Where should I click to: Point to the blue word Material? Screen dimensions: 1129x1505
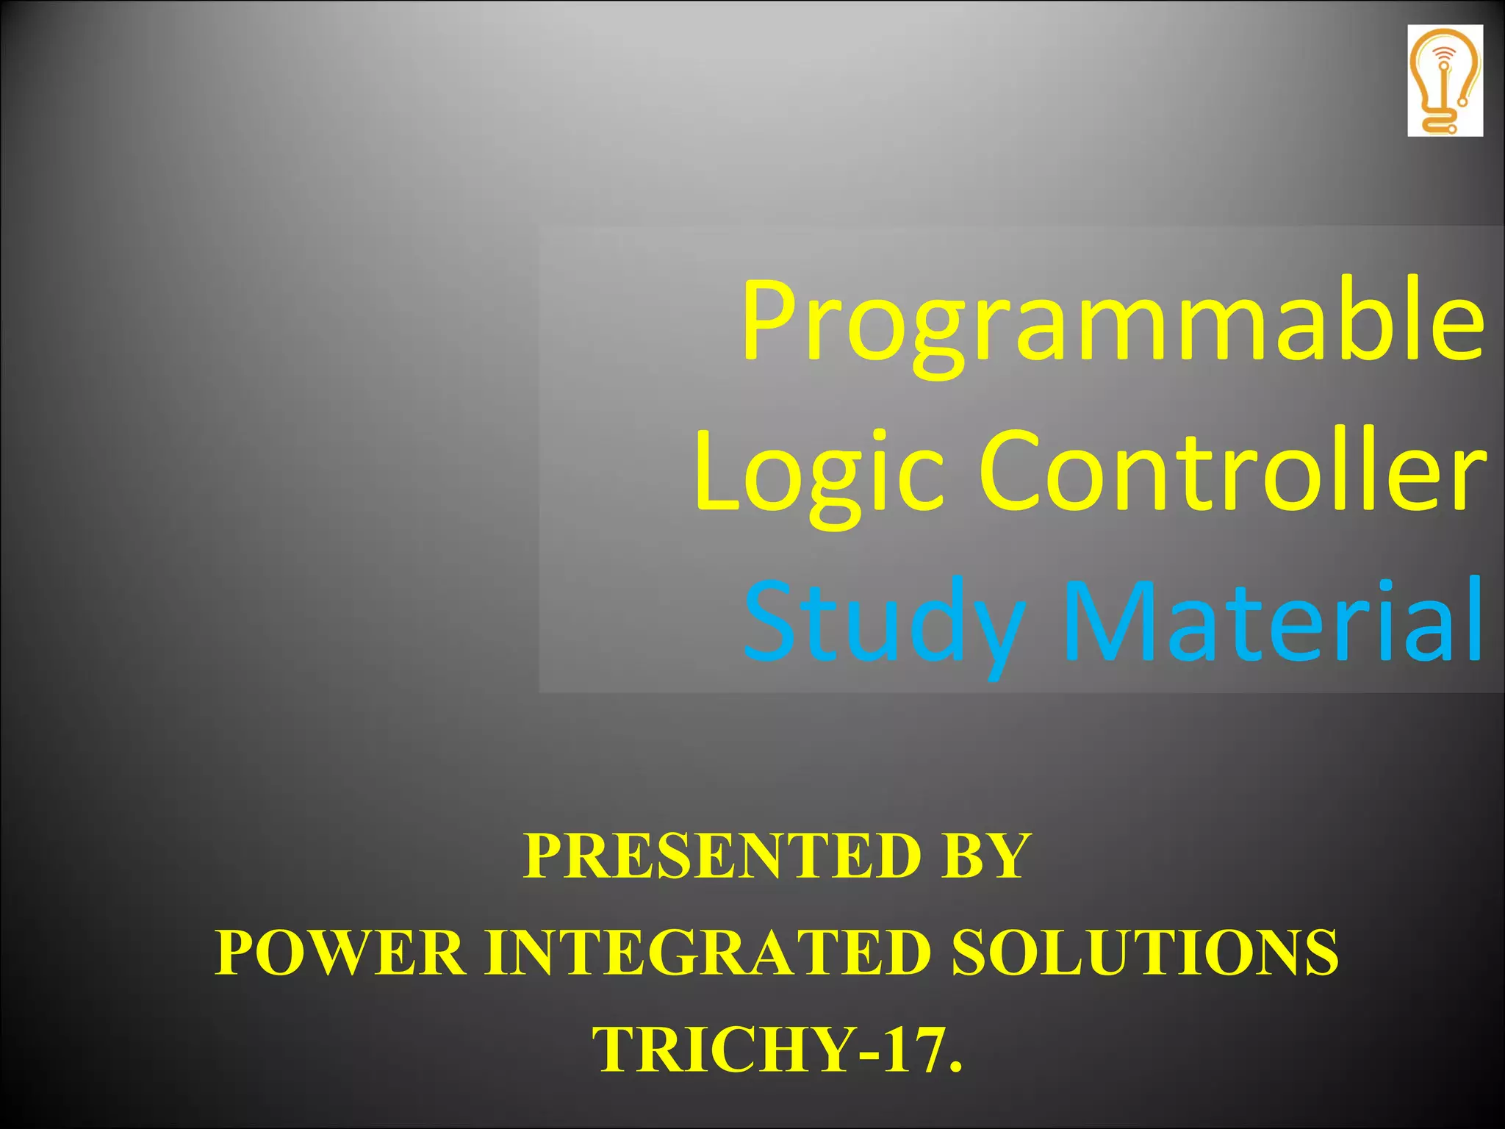point(1271,621)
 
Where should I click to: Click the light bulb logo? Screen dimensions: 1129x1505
point(1445,81)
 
